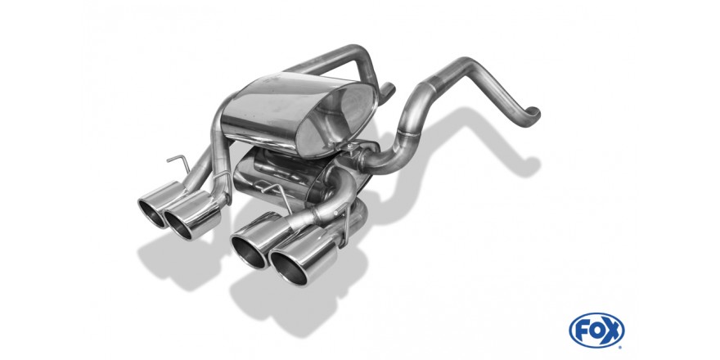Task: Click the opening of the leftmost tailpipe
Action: (152, 213)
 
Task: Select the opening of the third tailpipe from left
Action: (249, 252)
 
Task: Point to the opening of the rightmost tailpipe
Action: (288, 268)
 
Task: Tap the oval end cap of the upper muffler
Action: (336, 119)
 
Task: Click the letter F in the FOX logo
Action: (582, 331)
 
